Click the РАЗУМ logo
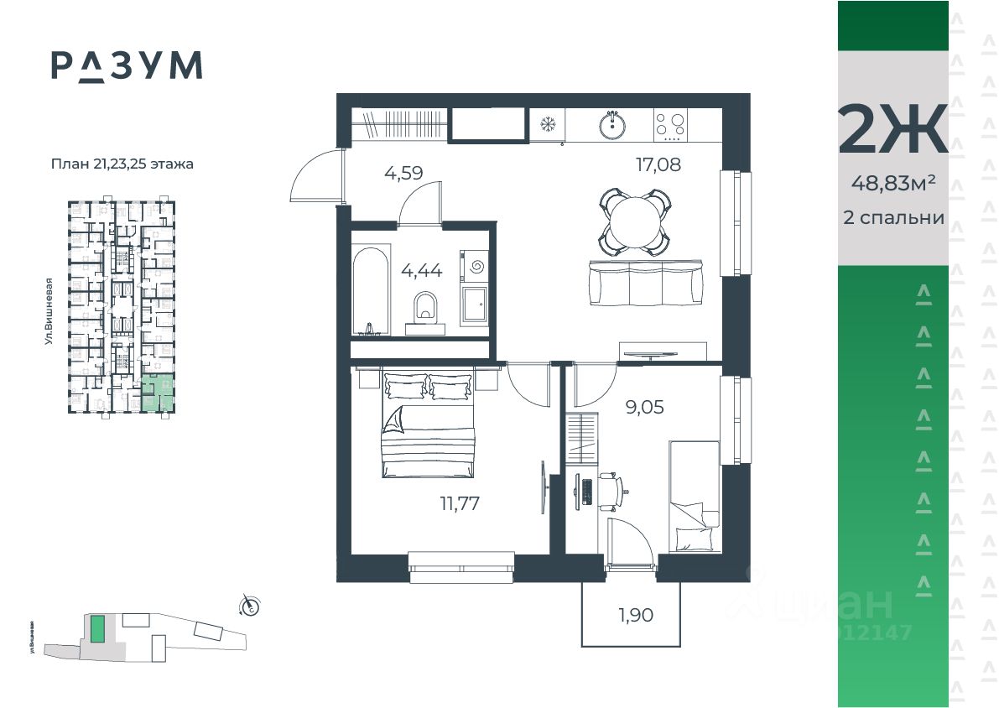127,65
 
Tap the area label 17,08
658,164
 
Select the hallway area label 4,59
403,174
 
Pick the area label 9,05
644,409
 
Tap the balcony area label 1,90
636,615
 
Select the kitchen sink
613,127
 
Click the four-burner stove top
670,126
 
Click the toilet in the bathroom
426,309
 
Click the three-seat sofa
647,283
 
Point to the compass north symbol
249,604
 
